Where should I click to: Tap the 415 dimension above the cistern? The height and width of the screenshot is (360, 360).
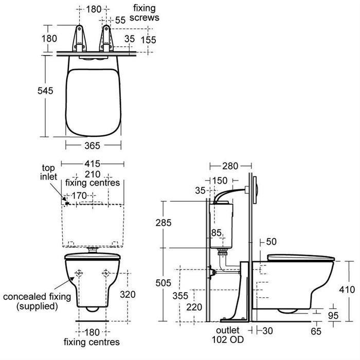tap(93, 164)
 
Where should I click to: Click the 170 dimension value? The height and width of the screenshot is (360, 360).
tap(81, 195)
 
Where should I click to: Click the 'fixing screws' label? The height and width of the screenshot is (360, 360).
tap(146, 13)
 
